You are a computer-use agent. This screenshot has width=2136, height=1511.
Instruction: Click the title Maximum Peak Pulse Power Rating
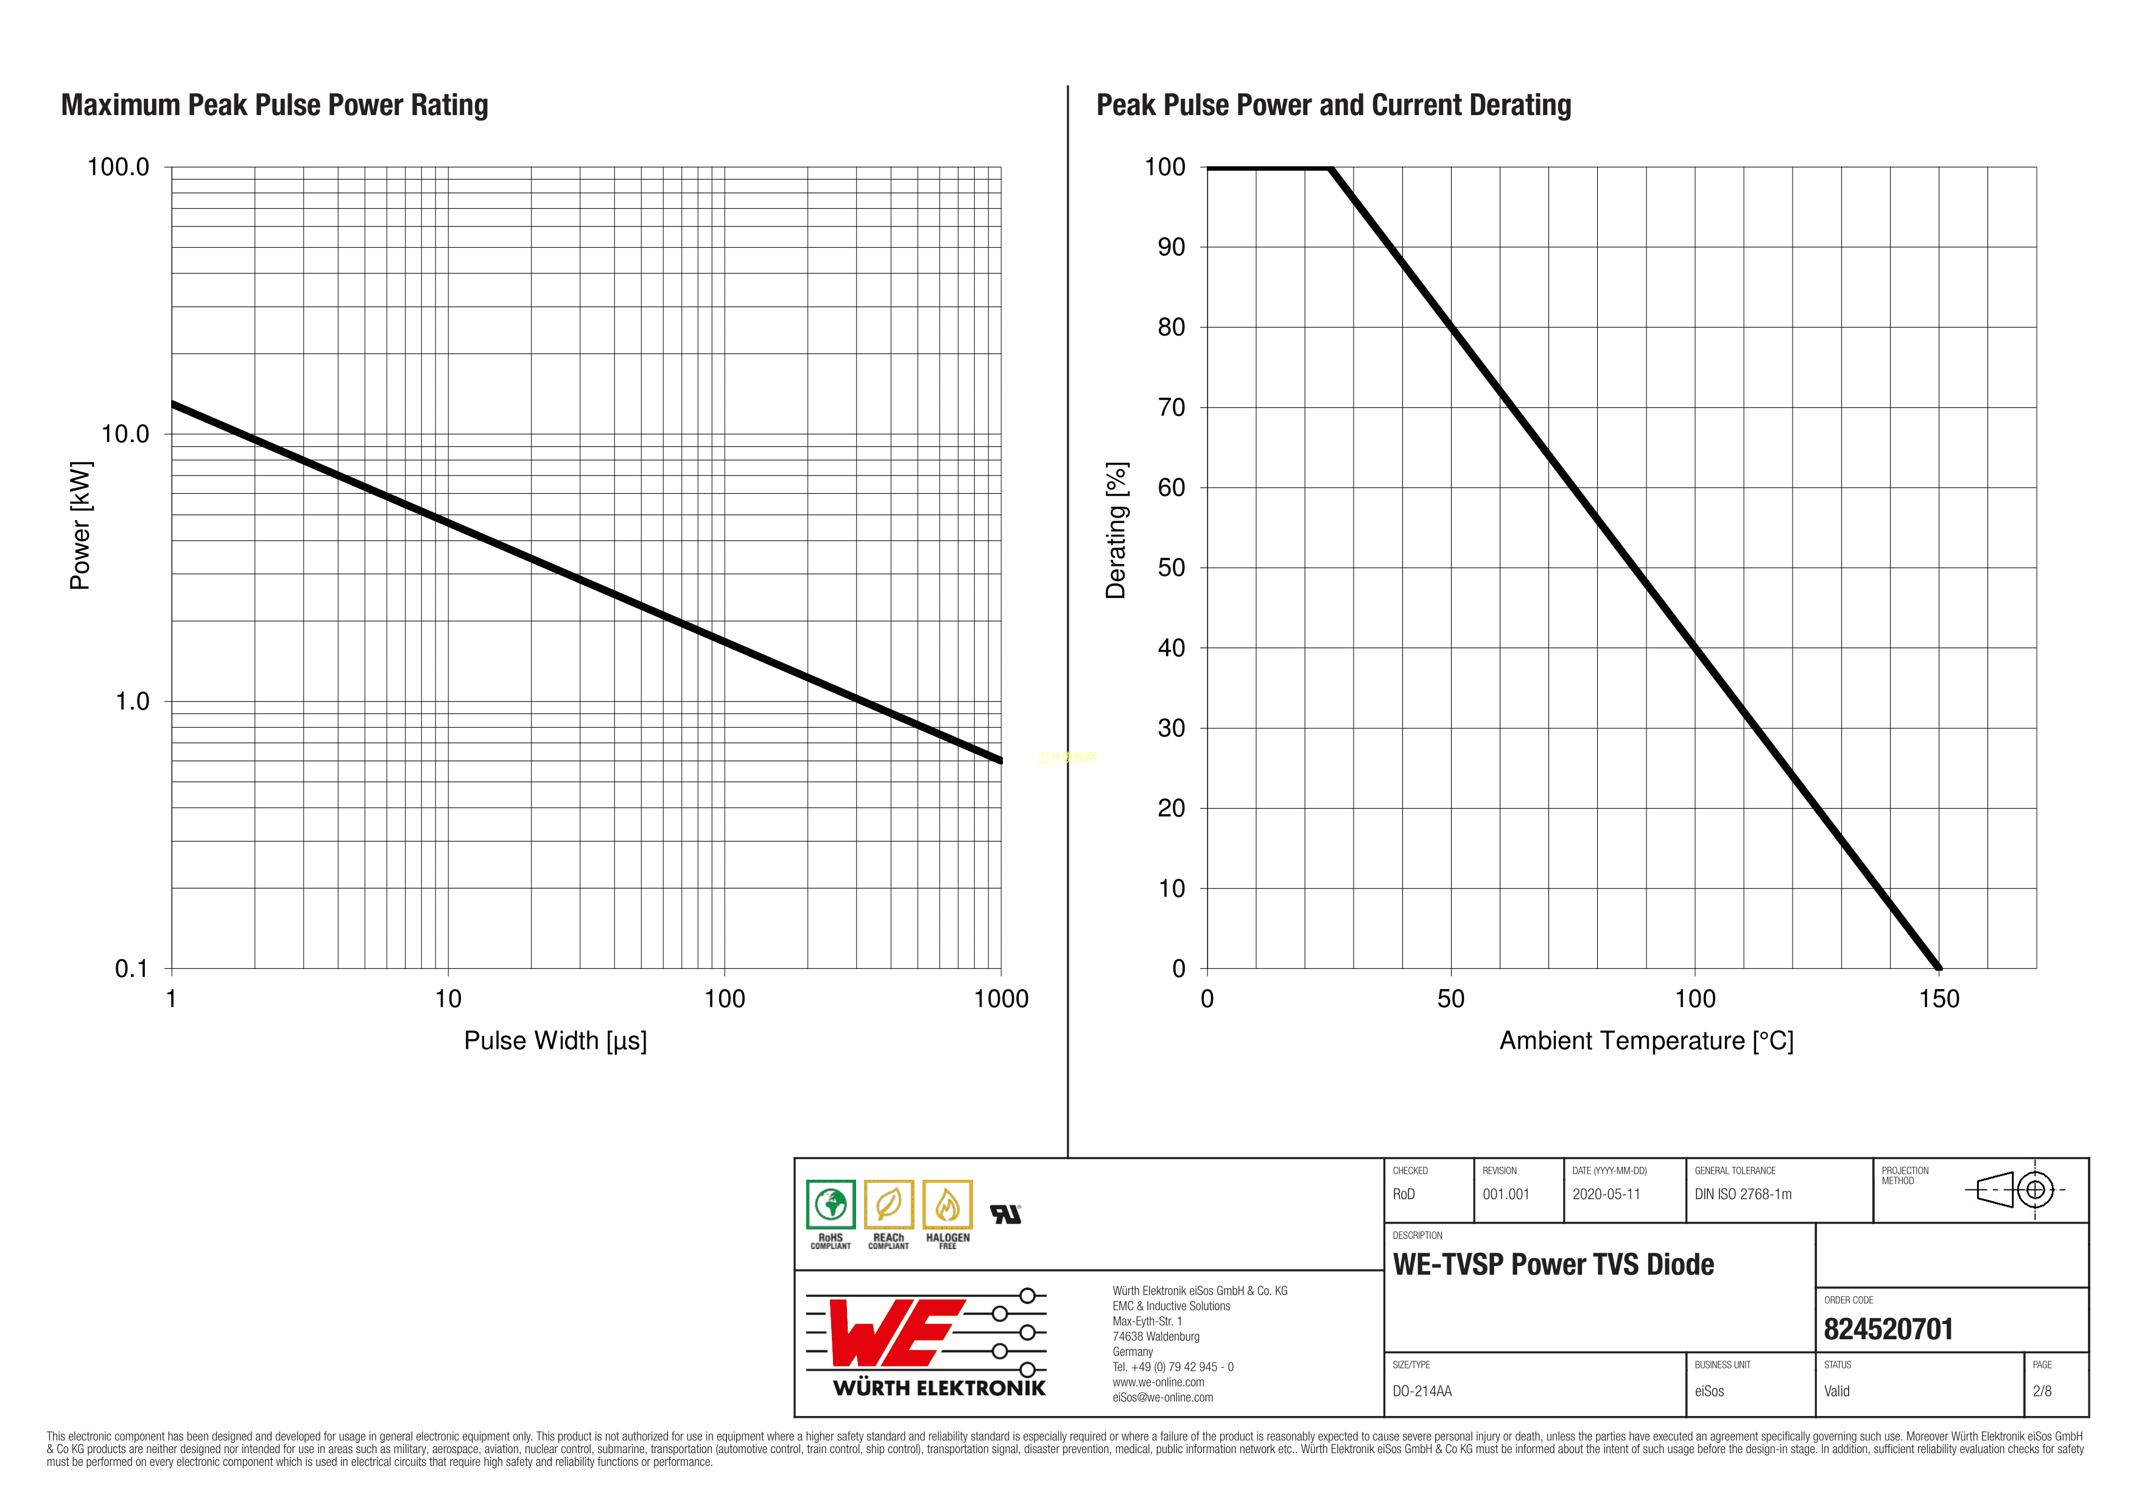275,105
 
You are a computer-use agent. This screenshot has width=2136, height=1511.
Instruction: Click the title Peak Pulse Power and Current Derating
1333,105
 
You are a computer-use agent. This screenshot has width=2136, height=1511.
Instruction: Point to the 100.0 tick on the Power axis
118,167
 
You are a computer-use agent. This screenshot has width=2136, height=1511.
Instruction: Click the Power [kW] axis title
81,525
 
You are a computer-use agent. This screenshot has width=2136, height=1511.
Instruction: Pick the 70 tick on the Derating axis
1172,407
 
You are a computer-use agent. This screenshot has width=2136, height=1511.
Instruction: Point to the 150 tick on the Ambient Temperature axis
1939,999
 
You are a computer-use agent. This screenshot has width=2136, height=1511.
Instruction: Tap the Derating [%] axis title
1116,530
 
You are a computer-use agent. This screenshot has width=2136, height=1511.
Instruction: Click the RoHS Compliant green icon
831,1206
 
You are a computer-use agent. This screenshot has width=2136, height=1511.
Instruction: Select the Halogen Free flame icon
947,1206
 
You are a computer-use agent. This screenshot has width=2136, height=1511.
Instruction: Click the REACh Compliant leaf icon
888,1206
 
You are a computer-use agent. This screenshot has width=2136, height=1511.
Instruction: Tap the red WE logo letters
888,1333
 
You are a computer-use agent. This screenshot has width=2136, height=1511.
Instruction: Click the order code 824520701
1888,1330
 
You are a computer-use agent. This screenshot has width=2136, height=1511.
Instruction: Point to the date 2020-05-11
1606,1195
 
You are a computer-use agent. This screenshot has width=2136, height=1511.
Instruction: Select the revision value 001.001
1505,1195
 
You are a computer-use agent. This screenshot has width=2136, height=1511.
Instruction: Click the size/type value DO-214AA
1422,1392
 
